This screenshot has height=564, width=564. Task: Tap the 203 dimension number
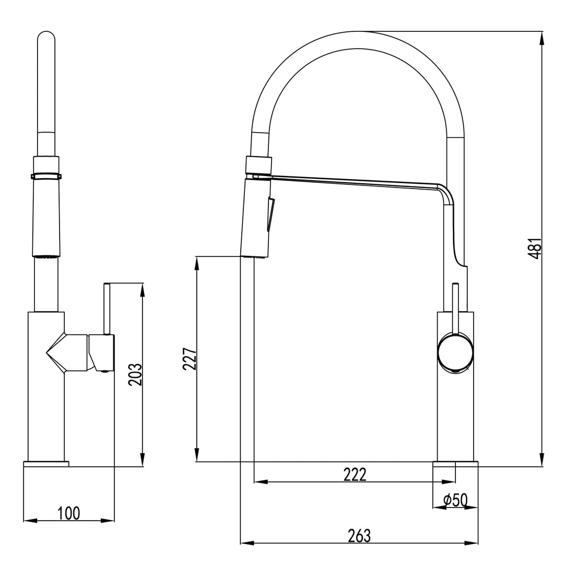[x=135, y=374]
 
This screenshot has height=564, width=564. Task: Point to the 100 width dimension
[x=69, y=513]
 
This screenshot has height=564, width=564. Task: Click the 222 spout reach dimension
[x=355, y=474]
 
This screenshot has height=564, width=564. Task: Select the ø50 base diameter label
[x=455, y=500]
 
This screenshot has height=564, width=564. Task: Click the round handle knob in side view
[x=456, y=352]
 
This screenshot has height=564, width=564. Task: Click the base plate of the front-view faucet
[x=46, y=464]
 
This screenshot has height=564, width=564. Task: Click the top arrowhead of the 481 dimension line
[x=542, y=36]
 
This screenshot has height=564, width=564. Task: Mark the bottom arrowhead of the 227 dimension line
[x=197, y=457]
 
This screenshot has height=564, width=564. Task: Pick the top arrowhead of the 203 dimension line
[x=142, y=288]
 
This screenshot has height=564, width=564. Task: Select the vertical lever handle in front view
[x=107, y=308]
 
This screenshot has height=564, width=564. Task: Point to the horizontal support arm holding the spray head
[x=355, y=181]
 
